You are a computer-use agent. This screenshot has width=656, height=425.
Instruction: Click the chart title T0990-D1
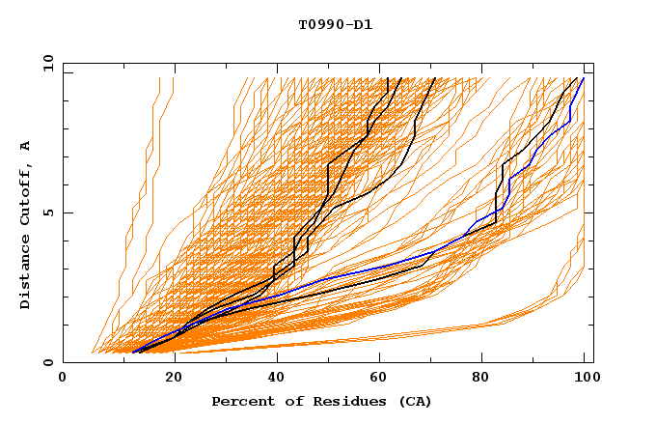(x=335, y=24)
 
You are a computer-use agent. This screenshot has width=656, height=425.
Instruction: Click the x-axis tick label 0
(x=63, y=379)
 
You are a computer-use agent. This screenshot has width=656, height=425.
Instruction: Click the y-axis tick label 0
(x=47, y=363)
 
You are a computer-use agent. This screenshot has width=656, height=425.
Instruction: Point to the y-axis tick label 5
(x=47, y=212)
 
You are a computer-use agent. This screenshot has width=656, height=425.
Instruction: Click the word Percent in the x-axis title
(x=242, y=401)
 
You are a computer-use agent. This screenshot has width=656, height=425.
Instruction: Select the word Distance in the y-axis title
(x=26, y=274)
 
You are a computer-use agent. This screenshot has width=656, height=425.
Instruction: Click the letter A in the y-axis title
(x=26, y=145)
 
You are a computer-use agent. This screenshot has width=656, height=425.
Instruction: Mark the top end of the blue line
(x=584, y=78)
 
